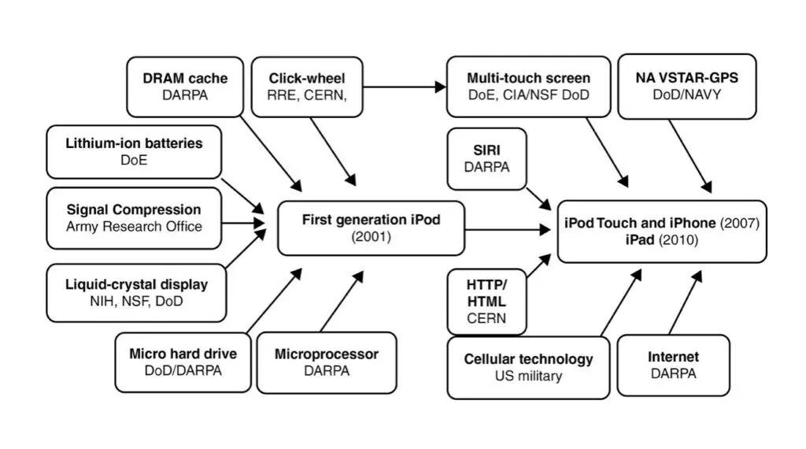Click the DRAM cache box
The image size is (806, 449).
click(185, 87)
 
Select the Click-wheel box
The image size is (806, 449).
click(307, 87)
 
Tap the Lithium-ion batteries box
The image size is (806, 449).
click(134, 152)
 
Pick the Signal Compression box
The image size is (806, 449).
click(134, 218)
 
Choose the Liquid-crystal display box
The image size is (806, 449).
click(136, 293)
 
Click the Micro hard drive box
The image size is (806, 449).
click(183, 362)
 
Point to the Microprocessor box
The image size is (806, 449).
click(327, 362)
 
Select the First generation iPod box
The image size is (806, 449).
click(372, 228)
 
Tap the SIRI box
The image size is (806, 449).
click(486, 159)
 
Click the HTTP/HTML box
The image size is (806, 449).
click(486, 302)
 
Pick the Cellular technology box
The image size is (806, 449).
click(528, 367)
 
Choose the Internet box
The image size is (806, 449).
click(674, 366)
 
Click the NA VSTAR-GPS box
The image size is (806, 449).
click(686, 87)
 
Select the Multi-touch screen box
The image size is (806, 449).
click(528, 87)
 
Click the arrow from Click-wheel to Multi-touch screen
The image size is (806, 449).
click(405, 87)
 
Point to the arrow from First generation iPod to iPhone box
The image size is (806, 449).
click(508, 229)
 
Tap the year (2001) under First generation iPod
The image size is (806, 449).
click(372, 236)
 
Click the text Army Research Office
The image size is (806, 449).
click(134, 226)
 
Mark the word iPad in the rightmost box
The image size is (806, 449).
click(640, 239)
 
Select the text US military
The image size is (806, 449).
click(528, 376)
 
